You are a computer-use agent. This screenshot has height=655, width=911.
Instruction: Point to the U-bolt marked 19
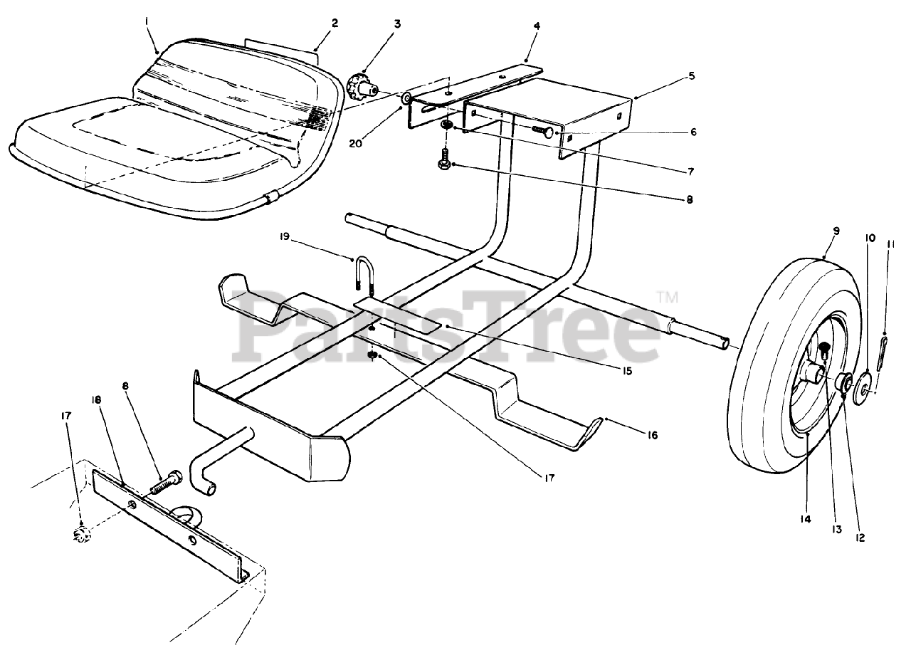(364, 276)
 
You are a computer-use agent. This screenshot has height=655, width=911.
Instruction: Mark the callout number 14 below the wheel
(805, 520)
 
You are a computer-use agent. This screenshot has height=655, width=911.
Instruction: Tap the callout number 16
(652, 434)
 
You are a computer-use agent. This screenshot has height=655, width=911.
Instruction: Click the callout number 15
(626, 371)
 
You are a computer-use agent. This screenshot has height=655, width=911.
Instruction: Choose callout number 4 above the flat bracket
(536, 26)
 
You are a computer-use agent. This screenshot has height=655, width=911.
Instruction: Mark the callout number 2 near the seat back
(335, 23)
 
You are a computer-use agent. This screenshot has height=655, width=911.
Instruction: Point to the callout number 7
(690, 171)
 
